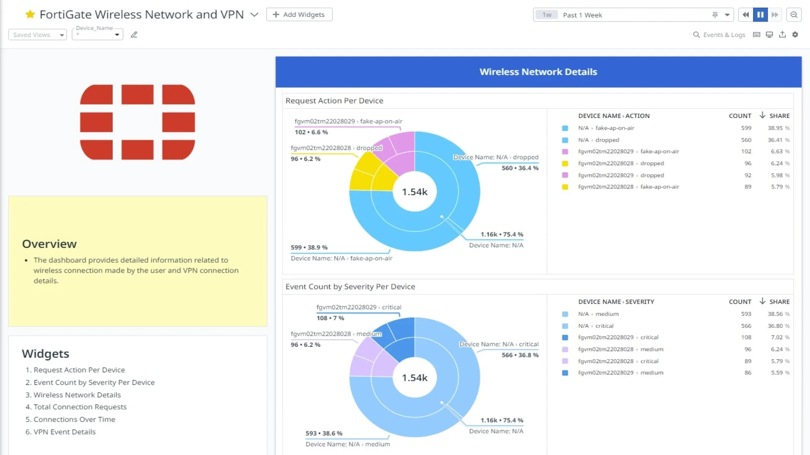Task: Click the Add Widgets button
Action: [299, 14]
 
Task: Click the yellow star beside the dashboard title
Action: [30, 14]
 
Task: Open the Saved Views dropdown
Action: [38, 35]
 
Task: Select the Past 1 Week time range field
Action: [633, 15]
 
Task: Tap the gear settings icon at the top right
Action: [795, 35]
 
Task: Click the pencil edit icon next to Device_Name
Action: [134, 35]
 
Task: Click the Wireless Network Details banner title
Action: [538, 72]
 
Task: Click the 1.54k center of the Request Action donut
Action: [415, 192]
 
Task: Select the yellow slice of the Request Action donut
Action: [362, 177]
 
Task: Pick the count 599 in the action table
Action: [746, 128]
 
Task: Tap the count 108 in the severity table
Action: [746, 337]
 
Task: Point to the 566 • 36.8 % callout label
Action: [520, 355]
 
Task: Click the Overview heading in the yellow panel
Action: [49, 244]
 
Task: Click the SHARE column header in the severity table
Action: [779, 302]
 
